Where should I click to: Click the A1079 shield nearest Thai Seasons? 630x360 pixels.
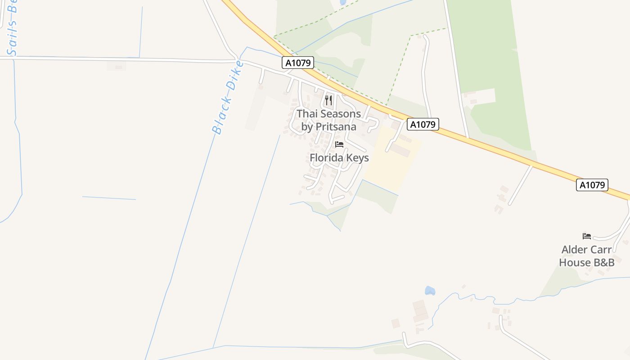(x=298, y=63)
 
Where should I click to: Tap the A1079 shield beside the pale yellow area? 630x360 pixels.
(x=423, y=124)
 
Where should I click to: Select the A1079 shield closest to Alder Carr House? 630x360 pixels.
(x=592, y=185)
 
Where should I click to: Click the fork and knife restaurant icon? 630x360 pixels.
(x=328, y=100)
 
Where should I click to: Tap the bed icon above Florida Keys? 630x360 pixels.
(x=339, y=144)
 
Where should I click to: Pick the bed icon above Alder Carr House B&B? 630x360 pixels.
(x=587, y=236)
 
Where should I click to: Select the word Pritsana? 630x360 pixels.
(x=336, y=127)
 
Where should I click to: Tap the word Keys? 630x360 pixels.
(x=358, y=158)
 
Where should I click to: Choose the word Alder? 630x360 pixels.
(x=575, y=250)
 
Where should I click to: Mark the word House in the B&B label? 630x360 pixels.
(x=574, y=262)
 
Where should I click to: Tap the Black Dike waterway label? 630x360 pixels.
(x=228, y=98)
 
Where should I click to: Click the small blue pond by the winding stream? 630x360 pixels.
(x=430, y=291)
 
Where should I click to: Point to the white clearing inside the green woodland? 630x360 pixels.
(x=481, y=96)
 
